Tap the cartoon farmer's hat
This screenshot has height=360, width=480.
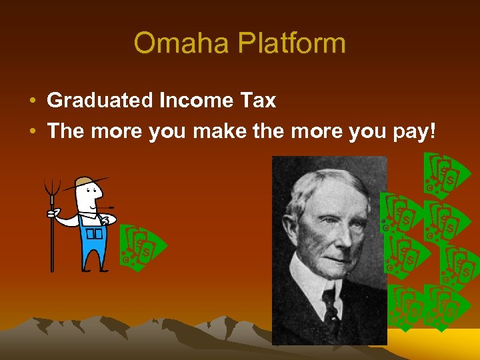click(x=87, y=181)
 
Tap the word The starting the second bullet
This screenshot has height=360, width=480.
click(x=65, y=131)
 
